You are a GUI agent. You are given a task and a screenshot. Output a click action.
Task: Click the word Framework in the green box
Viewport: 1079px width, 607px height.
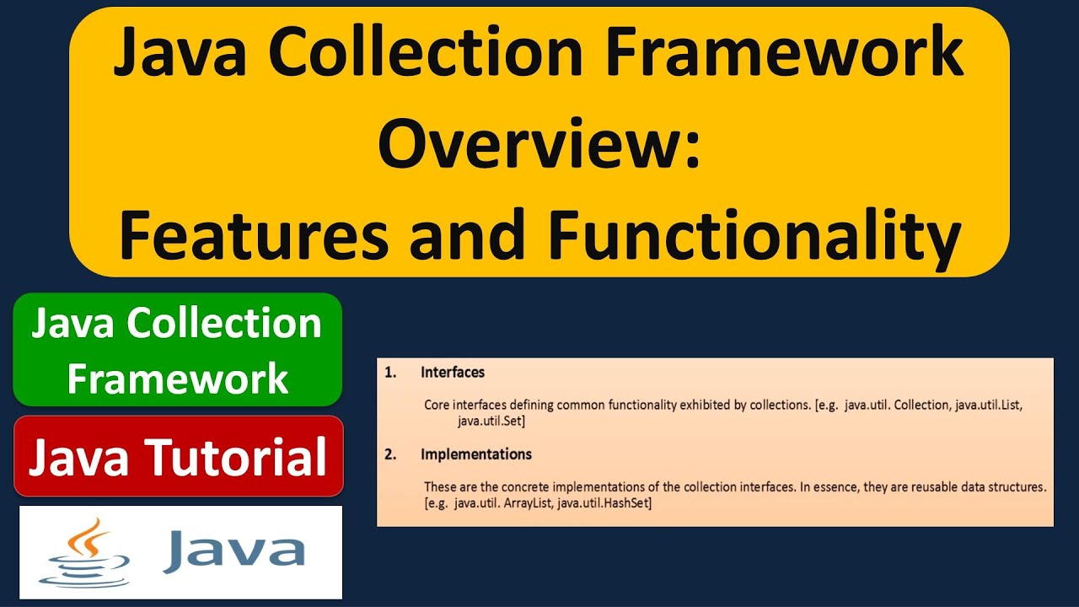click(x=178, y=379)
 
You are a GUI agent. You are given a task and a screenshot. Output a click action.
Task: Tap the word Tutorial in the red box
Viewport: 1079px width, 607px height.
click(x=236, y=457)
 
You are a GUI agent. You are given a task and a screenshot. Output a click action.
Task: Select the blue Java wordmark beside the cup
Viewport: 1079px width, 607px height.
click(x=234, y=550)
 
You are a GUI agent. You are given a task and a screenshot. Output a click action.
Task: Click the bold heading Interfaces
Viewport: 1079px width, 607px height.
click(x=453, y=372)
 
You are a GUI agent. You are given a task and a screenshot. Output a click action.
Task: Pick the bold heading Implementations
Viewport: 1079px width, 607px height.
click(x=476, y=454)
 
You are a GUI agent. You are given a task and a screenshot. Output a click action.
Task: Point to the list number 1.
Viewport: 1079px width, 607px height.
click(x=389, y=372)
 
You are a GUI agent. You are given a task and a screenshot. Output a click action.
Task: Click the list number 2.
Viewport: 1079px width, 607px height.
click(x=389, y=454)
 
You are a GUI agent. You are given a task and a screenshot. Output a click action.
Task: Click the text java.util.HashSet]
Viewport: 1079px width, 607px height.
click(x=605, y=503)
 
